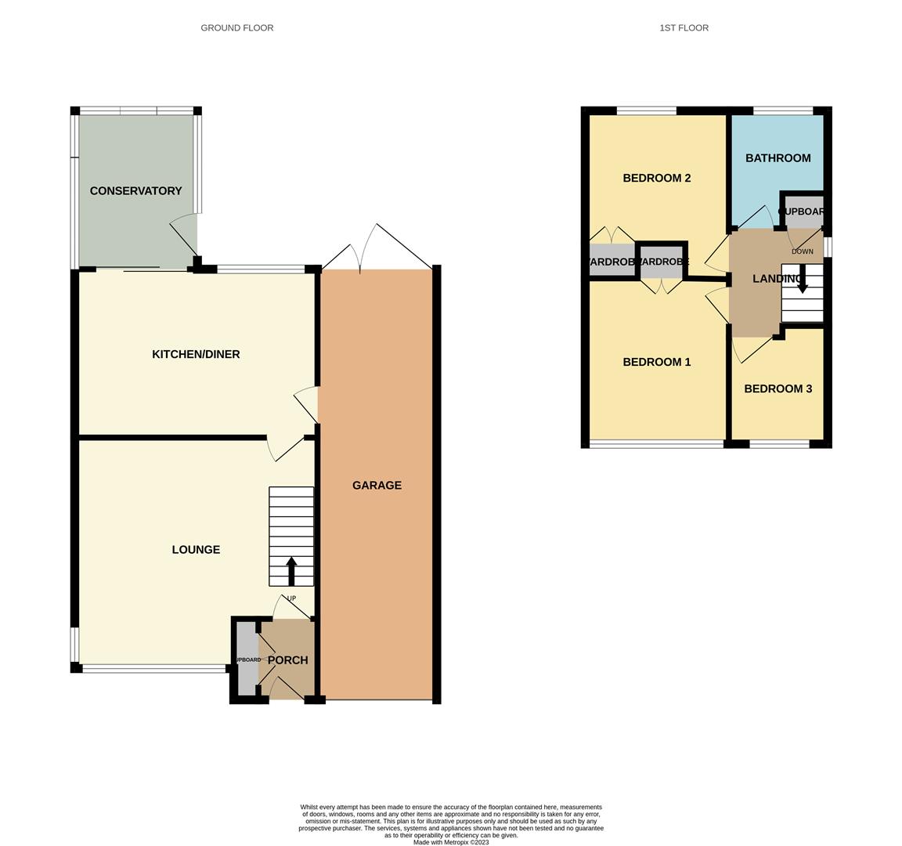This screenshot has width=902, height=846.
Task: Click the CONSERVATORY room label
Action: (135, 191)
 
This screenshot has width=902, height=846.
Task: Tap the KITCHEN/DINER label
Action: (196, 355)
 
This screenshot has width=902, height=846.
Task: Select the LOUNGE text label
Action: (196, 550)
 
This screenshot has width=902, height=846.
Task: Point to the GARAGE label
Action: (377, 486)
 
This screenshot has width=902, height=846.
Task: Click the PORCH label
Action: (287, 660)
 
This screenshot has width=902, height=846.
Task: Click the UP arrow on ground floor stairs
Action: (291, 571)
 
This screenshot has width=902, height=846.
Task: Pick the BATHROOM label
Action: (778, 158)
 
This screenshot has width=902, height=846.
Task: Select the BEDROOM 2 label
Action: (656, 179)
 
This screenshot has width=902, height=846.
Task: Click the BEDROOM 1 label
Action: (656, 363)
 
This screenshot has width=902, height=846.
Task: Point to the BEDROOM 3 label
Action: (778, 389)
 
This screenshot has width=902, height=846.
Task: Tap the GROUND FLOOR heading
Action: (237, 28)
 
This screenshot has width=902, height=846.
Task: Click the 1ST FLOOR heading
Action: (684, 28)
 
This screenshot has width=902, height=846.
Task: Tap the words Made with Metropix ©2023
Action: (451, 843)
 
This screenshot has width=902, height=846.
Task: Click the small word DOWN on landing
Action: (802, 252)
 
